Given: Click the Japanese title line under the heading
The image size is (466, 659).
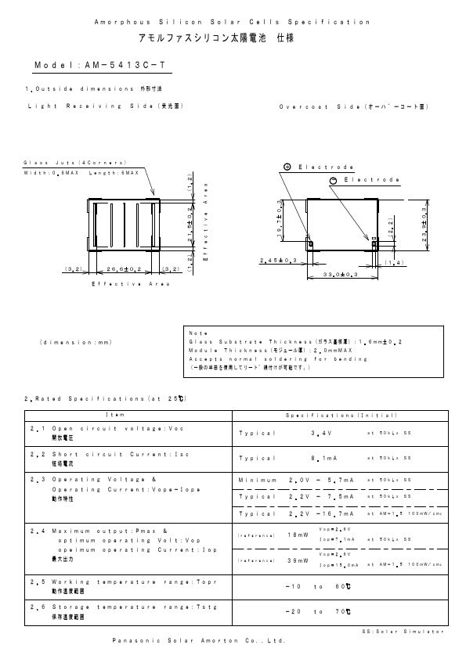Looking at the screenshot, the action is (232, 38).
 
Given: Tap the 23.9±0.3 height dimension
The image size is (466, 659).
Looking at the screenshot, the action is (424, 225).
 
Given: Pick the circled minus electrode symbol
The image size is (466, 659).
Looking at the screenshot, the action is (333, 181).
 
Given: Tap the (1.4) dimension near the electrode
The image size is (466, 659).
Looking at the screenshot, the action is (394, 263).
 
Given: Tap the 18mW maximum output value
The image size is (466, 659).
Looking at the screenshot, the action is (298, 535).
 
